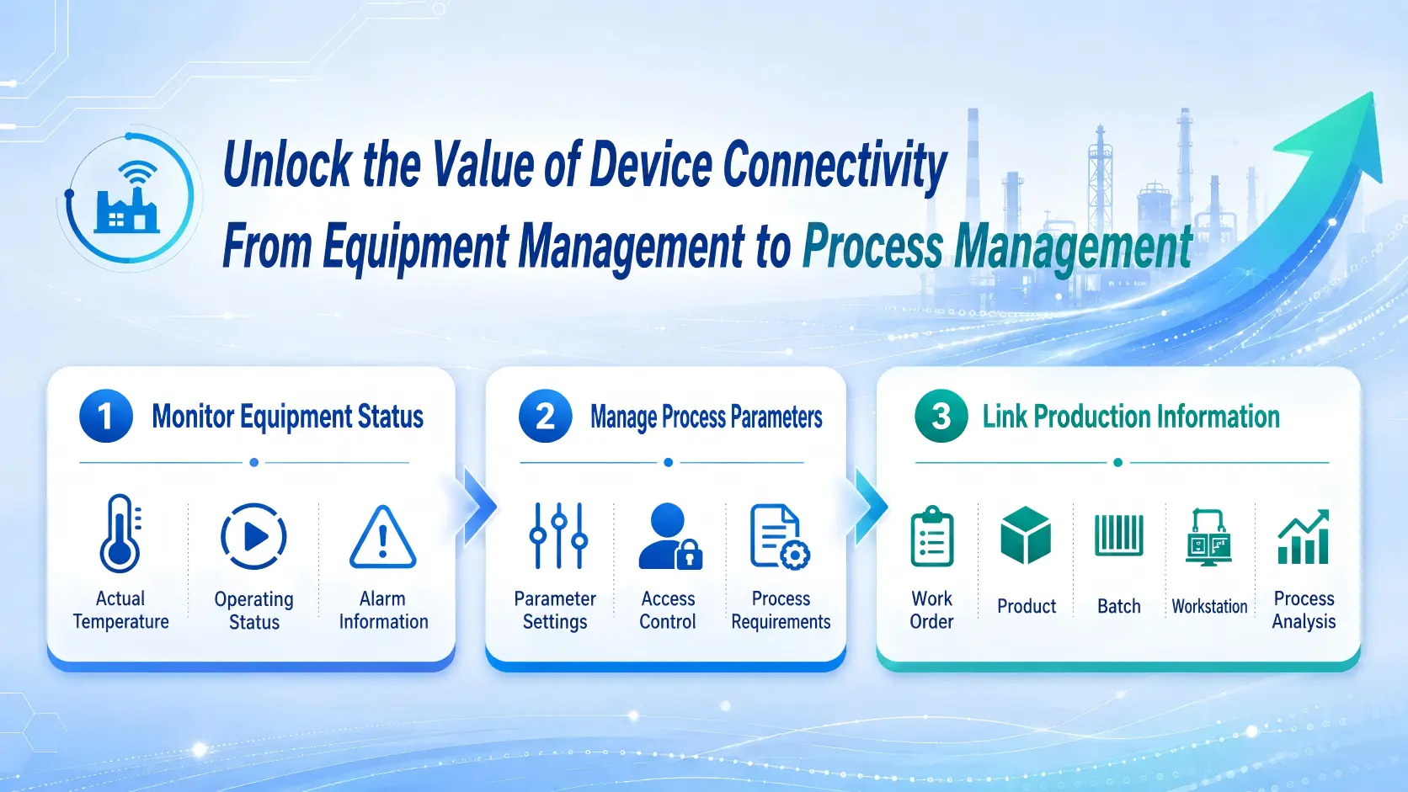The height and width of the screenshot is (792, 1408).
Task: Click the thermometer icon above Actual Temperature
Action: tap(120, 534)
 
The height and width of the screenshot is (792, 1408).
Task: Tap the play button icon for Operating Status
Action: tap(254, 536)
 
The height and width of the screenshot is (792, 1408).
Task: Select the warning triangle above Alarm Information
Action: tap(383, 537)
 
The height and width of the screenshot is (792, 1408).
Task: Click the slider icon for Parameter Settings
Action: tap(559, 536)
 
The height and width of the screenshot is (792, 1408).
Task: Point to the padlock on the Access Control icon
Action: tap(689, 555)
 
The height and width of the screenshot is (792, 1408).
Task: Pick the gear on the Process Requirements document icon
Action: tap(795, 555)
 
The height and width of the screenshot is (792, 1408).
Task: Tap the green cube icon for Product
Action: tap(1026, 536)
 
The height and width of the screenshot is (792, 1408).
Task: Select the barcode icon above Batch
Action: tap(1119, 536)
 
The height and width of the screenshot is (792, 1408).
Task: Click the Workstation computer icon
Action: tap(1208, 538)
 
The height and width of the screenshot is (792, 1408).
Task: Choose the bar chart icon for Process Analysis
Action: tap(1304, 536)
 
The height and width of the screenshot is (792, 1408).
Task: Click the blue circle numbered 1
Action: tap(106, 416)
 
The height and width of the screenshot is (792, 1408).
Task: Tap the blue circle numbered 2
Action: tap(545, 416)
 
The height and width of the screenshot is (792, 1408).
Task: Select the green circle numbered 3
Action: tap(941, 416)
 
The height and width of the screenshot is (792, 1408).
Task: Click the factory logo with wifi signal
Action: tap(128, 198)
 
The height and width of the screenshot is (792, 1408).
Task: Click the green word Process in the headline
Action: tap(872, 247)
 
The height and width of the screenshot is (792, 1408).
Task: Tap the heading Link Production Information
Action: tap(1131, 417)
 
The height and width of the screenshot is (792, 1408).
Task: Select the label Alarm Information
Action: tap(383, 610)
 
